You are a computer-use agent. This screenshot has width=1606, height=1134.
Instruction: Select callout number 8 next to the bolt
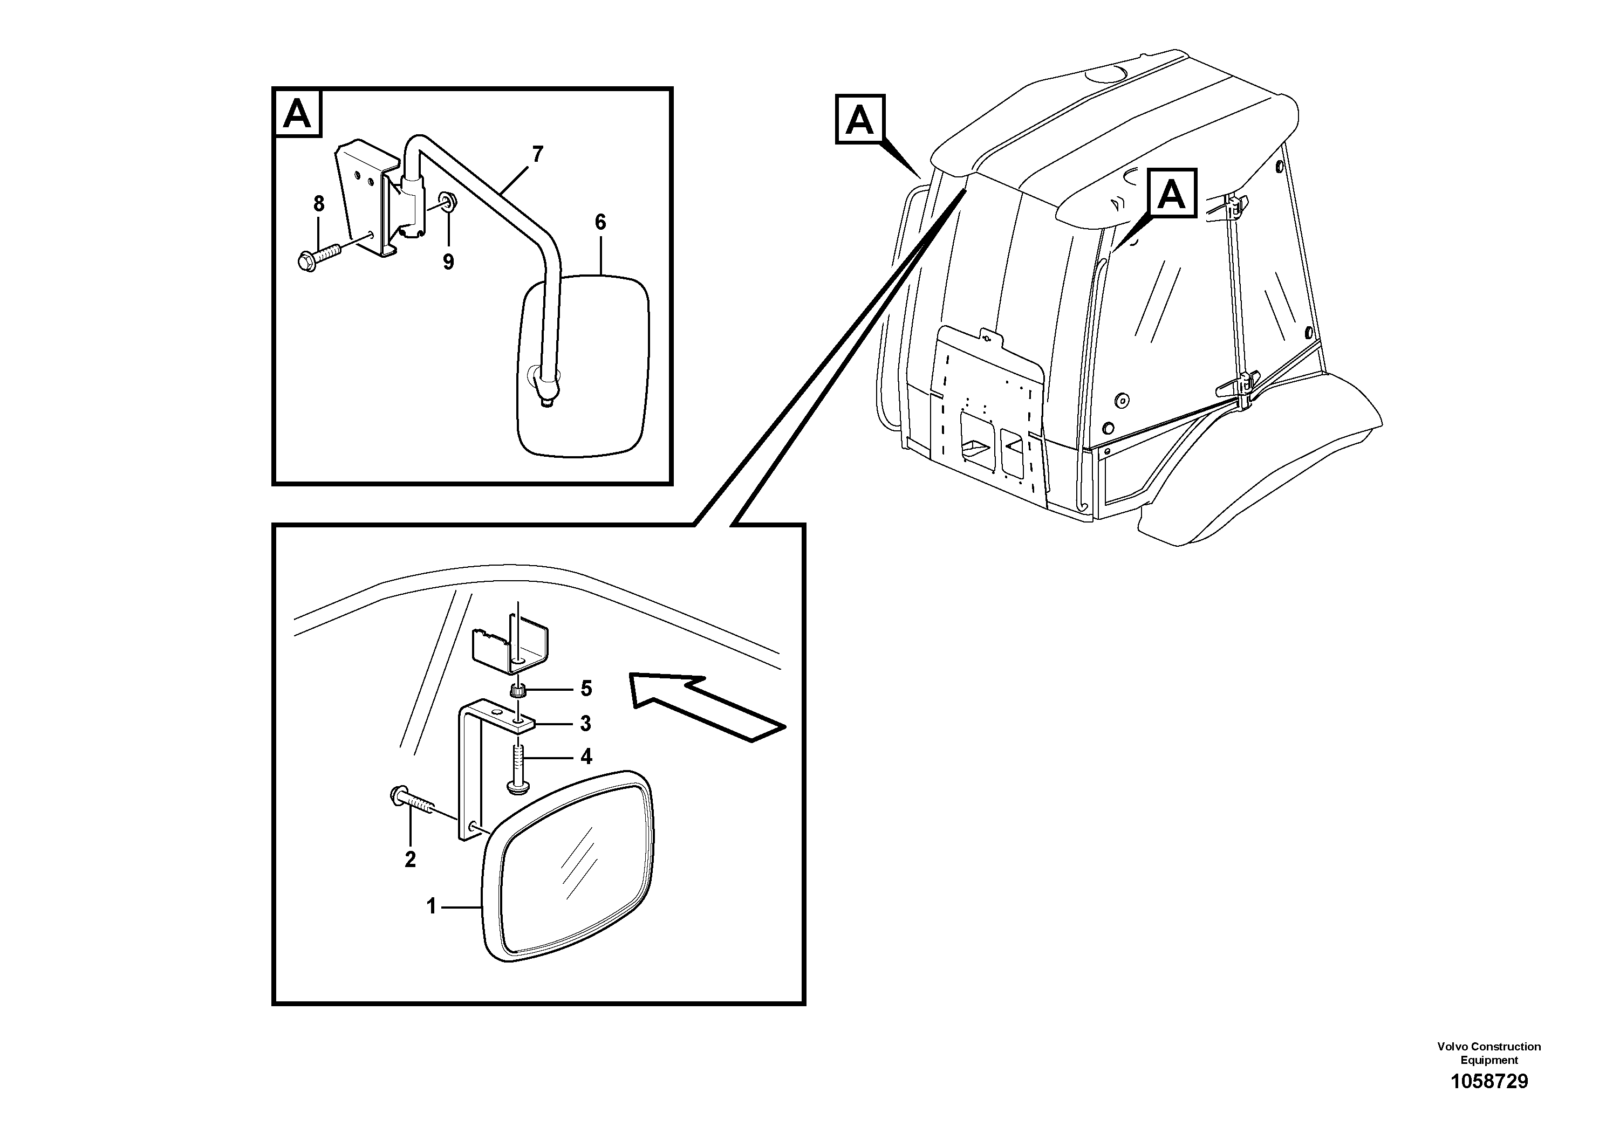click(x=319, y=204)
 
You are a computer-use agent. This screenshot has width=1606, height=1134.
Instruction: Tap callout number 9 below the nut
click(x=448, y=262)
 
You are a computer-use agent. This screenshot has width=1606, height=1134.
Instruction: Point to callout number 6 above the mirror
click(x=600, y=222)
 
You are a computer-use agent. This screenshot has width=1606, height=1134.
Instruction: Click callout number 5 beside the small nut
click(x=586, y=689)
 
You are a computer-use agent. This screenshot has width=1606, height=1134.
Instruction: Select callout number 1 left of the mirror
click(x=432, y=907)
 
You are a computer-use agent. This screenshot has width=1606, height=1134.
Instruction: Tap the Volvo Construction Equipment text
click(x=1488, y=1053)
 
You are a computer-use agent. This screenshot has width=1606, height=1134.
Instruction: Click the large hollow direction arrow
click(x=707, y=706)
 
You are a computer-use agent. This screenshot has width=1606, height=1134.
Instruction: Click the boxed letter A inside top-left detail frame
click(x=298, y=113)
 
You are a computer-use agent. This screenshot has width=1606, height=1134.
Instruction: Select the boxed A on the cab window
click(x=1172, y=194)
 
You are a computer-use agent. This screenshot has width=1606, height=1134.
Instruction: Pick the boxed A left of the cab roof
click(x=860, y=120)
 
